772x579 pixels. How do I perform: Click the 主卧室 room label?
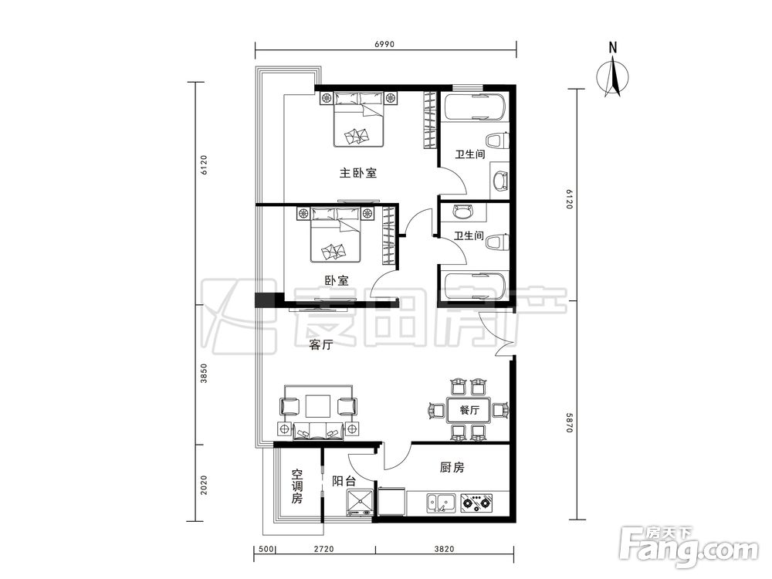coord(358,173)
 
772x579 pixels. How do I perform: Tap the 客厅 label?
coord(321,344)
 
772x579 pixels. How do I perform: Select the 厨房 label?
coord(452,467)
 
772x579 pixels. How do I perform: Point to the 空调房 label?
coord(297,486)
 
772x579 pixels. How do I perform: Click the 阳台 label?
coord(344,481)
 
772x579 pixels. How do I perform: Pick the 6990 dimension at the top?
coord(384,44)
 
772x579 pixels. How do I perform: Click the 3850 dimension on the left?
coord(205,374)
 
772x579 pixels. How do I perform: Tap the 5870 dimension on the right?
coord(569,422)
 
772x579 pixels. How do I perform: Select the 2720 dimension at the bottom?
coord(323,549)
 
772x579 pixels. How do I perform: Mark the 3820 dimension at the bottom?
coord(444,549)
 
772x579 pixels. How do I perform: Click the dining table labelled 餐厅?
coord(469,410)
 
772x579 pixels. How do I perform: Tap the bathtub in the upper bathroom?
coord(474,107)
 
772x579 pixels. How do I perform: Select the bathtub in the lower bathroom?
coord(474,286)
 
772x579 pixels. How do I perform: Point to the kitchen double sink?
coord(442,503)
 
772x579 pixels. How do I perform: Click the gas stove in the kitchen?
coord(476,503)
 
